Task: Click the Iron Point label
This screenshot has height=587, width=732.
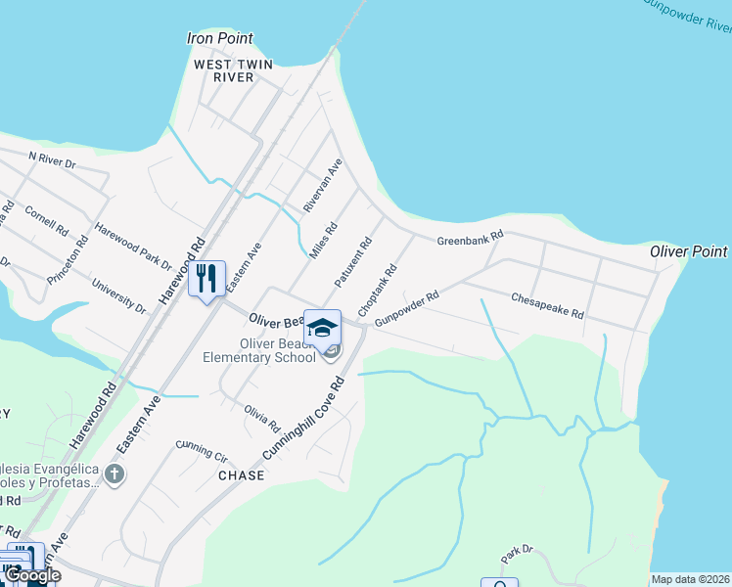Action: point(219,39)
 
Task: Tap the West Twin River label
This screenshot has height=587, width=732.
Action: point(232,70)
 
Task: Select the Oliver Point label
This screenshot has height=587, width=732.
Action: point(689,252)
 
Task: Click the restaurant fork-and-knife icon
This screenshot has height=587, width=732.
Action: point(206,279)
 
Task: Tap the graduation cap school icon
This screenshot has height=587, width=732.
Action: point(322,328)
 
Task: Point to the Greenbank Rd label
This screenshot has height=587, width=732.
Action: point(470,237)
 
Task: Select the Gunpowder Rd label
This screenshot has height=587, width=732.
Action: point(406,307)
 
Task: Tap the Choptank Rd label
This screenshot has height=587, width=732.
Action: point(378,289)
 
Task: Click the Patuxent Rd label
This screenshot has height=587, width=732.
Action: point(353,262)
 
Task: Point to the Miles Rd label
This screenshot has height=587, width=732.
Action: point(323,241)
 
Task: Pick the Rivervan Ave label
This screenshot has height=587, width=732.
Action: point(322,186)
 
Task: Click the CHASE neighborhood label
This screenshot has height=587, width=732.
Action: point(241,475)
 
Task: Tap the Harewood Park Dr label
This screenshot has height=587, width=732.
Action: point(132,247)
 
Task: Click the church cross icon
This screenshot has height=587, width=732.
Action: point(114,475)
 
